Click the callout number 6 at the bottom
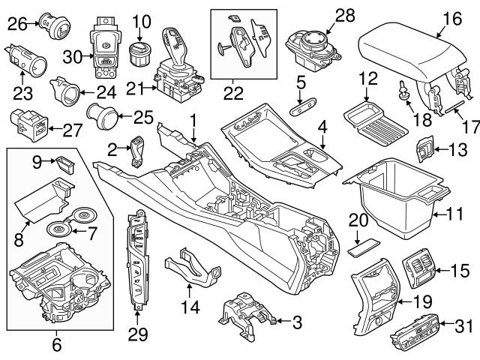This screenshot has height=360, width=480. tap(56, 346)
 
